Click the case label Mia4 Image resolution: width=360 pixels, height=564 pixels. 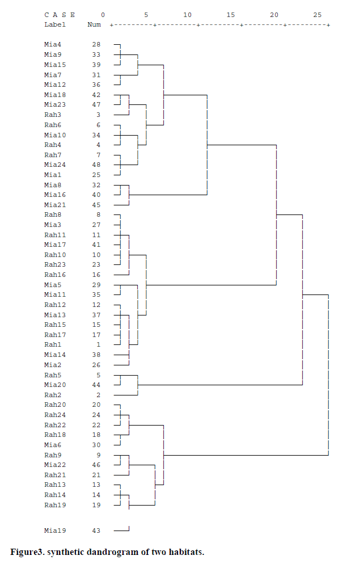pyautogui.click(x=53, y=44)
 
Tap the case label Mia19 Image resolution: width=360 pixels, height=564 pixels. pyautogui.click(x=55, y=531)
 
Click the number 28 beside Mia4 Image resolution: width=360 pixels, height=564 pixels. pyautogui.click(x=96, y=44)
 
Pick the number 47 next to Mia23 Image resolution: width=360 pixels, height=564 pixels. pyautogui.click(x=96, y=104)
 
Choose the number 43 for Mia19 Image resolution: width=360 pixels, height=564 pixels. pyautogui.click(x=96, y=531)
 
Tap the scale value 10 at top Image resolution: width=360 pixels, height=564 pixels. pyautogui.click(x=187, y=15)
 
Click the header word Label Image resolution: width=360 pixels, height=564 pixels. pyautogui.click(x=55, y=24)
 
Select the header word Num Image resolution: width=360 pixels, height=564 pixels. pyautogui.click(x=94, y=24)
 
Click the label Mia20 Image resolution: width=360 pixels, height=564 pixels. pyautogui.click(x=55, y=385)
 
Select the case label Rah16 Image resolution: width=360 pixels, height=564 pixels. pyautogui.click(x=55, y=275)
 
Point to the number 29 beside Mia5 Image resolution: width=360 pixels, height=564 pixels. pyautogui.click(x=96, y=284)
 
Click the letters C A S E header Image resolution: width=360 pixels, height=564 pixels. pyautogui.click(x=60, y=15)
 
